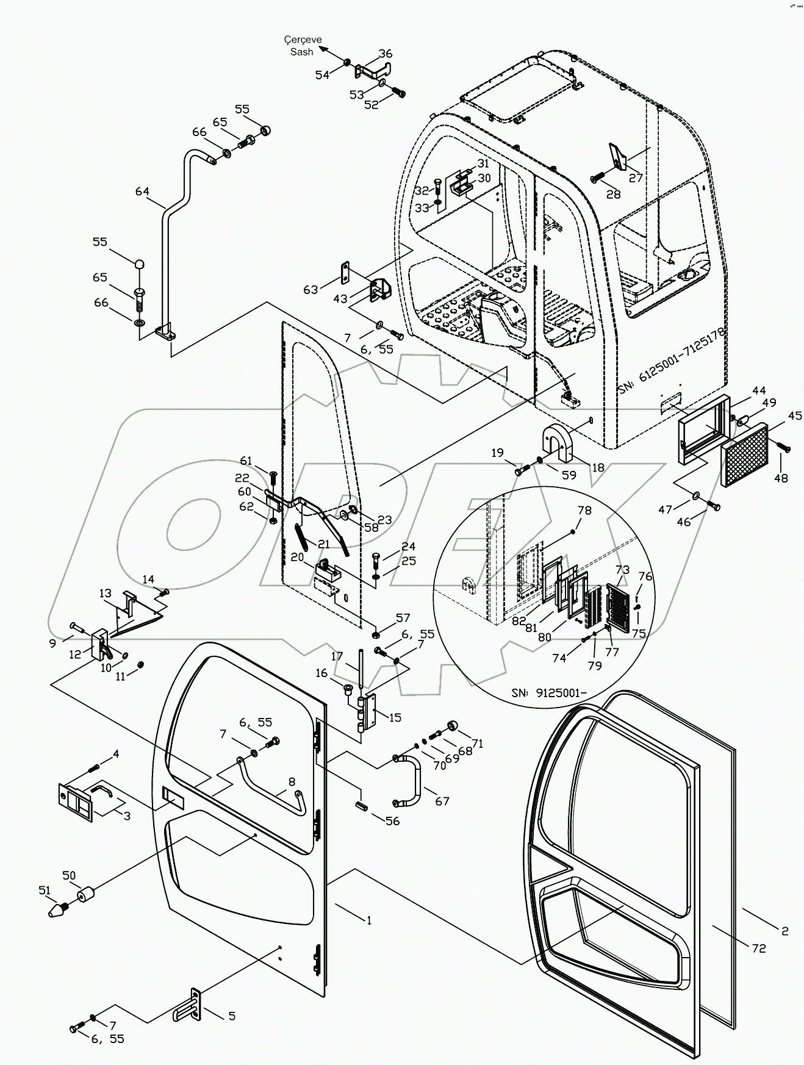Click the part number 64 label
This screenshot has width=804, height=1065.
tap(142, 192)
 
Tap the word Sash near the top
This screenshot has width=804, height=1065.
tap(301, 52)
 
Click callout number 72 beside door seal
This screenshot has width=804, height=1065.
tap(758, 948)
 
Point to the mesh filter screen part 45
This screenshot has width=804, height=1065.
tap(744, 456)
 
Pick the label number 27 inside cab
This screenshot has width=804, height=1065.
tap(636, 178)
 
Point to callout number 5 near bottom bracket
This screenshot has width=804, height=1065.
tap(231, 1016)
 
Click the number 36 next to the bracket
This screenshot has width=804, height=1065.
tap(386, 53)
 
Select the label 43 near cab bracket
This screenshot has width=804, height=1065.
tap(340, 299)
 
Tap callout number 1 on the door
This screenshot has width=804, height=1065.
tap(368, 920)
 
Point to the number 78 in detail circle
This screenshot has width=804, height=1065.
tap(584, 510)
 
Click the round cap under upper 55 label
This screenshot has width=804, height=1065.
tap(265, 130)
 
